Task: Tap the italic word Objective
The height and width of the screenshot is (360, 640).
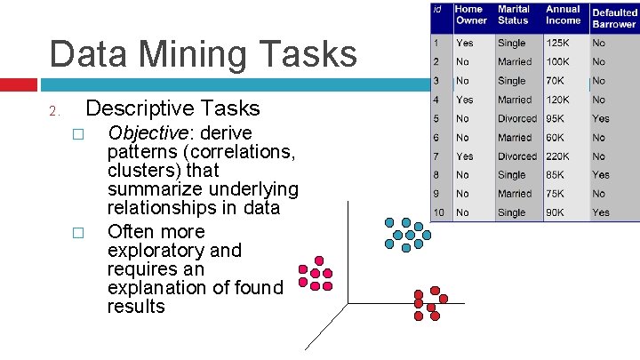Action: [x=146, y=132]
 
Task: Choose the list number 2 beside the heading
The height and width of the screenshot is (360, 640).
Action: [x=53, y=111]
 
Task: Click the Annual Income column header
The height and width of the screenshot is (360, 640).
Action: [x=563, y=15]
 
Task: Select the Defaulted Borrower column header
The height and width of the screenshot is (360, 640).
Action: [x=614, y=19]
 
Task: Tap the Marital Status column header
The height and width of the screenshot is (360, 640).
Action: [x=513, y=15]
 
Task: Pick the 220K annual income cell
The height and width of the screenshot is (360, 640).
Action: [x=559, y=156]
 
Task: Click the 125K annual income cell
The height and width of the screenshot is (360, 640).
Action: [x=558, y=43]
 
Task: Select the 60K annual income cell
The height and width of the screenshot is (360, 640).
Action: [x=556, y=138]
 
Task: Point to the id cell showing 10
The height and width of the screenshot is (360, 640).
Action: [x=438, y=213]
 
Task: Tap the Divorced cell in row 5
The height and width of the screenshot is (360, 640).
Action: [x=516, y=118]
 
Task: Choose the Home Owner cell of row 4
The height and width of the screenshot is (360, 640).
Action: [x=464, y=100]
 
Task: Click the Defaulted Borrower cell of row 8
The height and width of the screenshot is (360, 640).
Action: [x=601, y=175]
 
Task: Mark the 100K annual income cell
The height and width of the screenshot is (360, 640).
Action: [x=558, y=62]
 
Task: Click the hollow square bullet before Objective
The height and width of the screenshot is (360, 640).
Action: [x=77, y=134]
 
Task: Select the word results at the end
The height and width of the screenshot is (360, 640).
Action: [x=136, y=307]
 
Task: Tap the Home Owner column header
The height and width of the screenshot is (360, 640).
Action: [x=470, y=15]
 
